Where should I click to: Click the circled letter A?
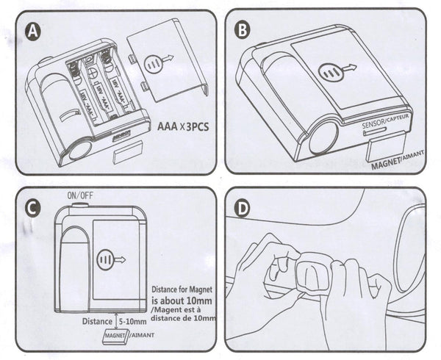coord(32,30)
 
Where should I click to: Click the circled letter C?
coord(31,208)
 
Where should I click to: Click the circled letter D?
coord(243,208)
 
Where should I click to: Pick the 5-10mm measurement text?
coord(129,319)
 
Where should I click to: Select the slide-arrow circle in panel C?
coord(111,259)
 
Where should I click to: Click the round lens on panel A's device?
coord(79,150)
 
